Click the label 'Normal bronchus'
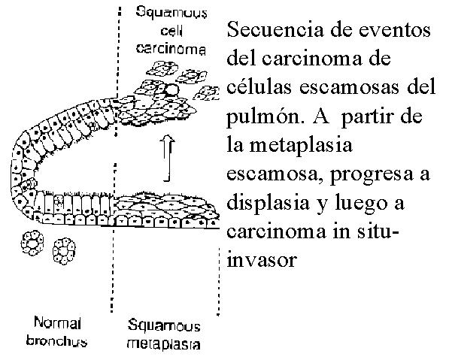tap(57, 332)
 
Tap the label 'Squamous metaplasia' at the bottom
tap(163, 334)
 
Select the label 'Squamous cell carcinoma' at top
tap(171, 31)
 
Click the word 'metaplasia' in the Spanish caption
tap(301, 146)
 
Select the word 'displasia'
tap(268, 204)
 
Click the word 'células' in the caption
tap(259, 87)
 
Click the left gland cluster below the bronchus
tap(32, 243)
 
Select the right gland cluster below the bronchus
tap(64, 251)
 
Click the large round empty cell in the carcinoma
tap(172, 89)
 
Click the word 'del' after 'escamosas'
tap(420, 87)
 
